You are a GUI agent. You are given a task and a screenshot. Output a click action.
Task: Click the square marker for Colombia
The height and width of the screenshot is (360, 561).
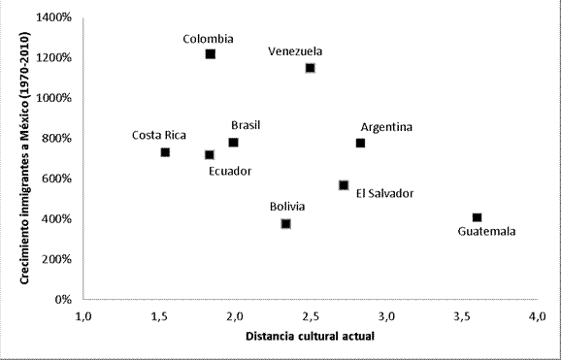(x=210, y=54)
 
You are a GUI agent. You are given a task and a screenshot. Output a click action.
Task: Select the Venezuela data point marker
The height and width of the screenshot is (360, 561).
(x=310, y=68)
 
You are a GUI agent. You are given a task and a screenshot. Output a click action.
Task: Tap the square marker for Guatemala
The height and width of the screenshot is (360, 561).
(x=477, y=217)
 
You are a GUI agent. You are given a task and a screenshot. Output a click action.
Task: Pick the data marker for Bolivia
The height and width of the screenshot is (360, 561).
(x=285, y=224)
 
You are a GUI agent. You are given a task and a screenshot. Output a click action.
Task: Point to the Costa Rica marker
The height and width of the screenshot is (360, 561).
(x=165, y=152)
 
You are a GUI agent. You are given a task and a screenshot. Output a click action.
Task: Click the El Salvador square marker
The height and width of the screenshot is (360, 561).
(x=344, y=185)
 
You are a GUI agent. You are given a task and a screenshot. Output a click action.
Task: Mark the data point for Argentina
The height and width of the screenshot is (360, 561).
(x=360, y=143)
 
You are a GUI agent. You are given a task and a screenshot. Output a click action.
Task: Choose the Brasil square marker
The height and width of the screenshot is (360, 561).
(x=233, y=143)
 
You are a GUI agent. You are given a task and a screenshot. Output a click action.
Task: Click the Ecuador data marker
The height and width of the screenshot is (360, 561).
(x=209, y=154)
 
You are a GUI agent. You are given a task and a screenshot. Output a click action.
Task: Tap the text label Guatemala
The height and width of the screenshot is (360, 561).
(x=486, y=231)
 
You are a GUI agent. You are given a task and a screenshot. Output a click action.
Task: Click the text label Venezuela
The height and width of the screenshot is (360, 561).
(x=296, y=52)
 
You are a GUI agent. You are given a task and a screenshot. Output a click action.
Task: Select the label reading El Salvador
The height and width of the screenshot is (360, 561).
(x=384, y=193)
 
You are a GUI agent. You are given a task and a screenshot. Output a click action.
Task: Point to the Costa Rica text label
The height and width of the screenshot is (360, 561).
(x=159, y=136)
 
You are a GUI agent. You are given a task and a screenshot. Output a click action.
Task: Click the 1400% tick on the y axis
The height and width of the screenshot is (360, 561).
(x=53, y=17)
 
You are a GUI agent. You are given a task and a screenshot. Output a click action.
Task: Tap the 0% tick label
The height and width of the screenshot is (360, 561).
(x=61, y=299)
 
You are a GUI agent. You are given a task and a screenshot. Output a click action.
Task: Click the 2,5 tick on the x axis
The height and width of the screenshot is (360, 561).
(x=311, y=316)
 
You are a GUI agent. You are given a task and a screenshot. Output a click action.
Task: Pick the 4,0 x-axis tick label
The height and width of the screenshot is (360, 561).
(x=537, y=316)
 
